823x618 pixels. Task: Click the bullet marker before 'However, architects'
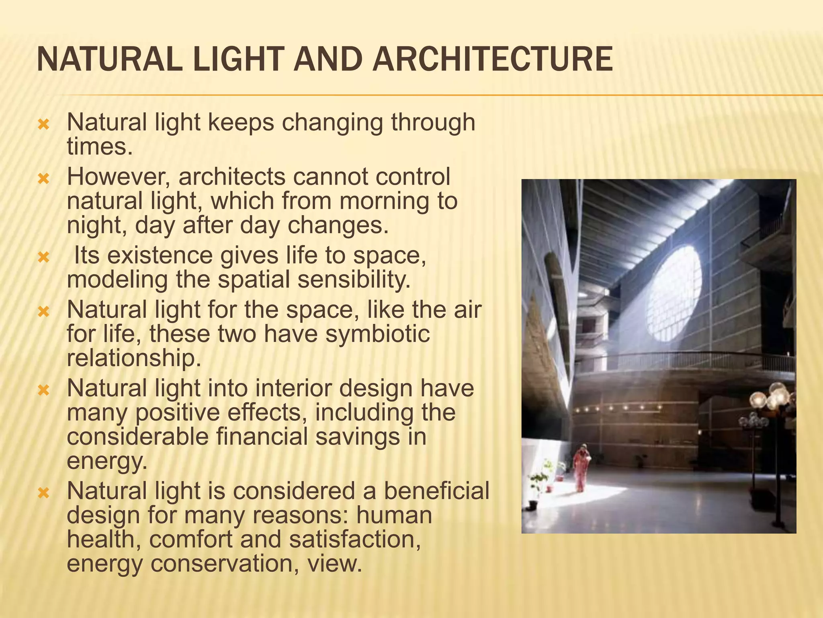[43, 178]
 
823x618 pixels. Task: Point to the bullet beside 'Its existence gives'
[43, 257]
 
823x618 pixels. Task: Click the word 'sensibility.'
[354, 280]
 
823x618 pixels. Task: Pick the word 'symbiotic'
[377, 334]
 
